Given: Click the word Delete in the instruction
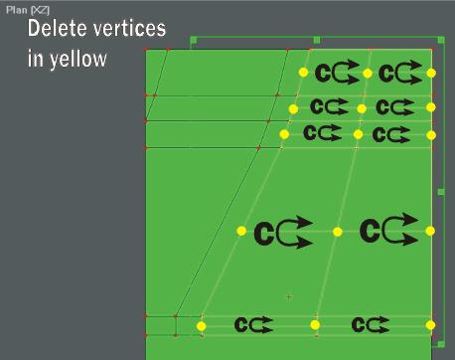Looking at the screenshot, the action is click(58, 28).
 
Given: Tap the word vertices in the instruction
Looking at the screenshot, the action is click(129, 28).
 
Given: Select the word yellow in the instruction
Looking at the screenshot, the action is click(78, 60).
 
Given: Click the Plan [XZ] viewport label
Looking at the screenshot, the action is click(28, 10).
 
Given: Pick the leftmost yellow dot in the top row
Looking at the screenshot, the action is click(303, 73).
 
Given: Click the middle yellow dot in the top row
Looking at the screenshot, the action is click(367, 74).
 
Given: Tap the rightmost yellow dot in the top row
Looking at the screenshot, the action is click(431, 74).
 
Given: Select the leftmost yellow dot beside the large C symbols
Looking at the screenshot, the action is click(241, 231).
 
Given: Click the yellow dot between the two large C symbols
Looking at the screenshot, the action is click(337, 232).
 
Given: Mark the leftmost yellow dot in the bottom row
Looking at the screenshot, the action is click(201, 326).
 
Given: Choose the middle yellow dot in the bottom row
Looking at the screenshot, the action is click(315, 325).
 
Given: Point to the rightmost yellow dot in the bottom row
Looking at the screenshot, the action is click(430, 325).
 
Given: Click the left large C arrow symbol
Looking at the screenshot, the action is click(283, 232).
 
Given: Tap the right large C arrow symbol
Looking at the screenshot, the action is click(389, 230).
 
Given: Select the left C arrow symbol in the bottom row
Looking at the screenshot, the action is click(253, 324).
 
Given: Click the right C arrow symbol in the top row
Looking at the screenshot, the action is click(400, 73).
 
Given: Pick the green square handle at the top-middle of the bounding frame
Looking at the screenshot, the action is click(317, 40).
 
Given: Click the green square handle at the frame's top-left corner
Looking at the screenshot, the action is click(194, 40).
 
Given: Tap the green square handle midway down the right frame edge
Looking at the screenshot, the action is click(441, 192).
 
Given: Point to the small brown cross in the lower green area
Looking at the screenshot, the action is click(289, 297).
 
